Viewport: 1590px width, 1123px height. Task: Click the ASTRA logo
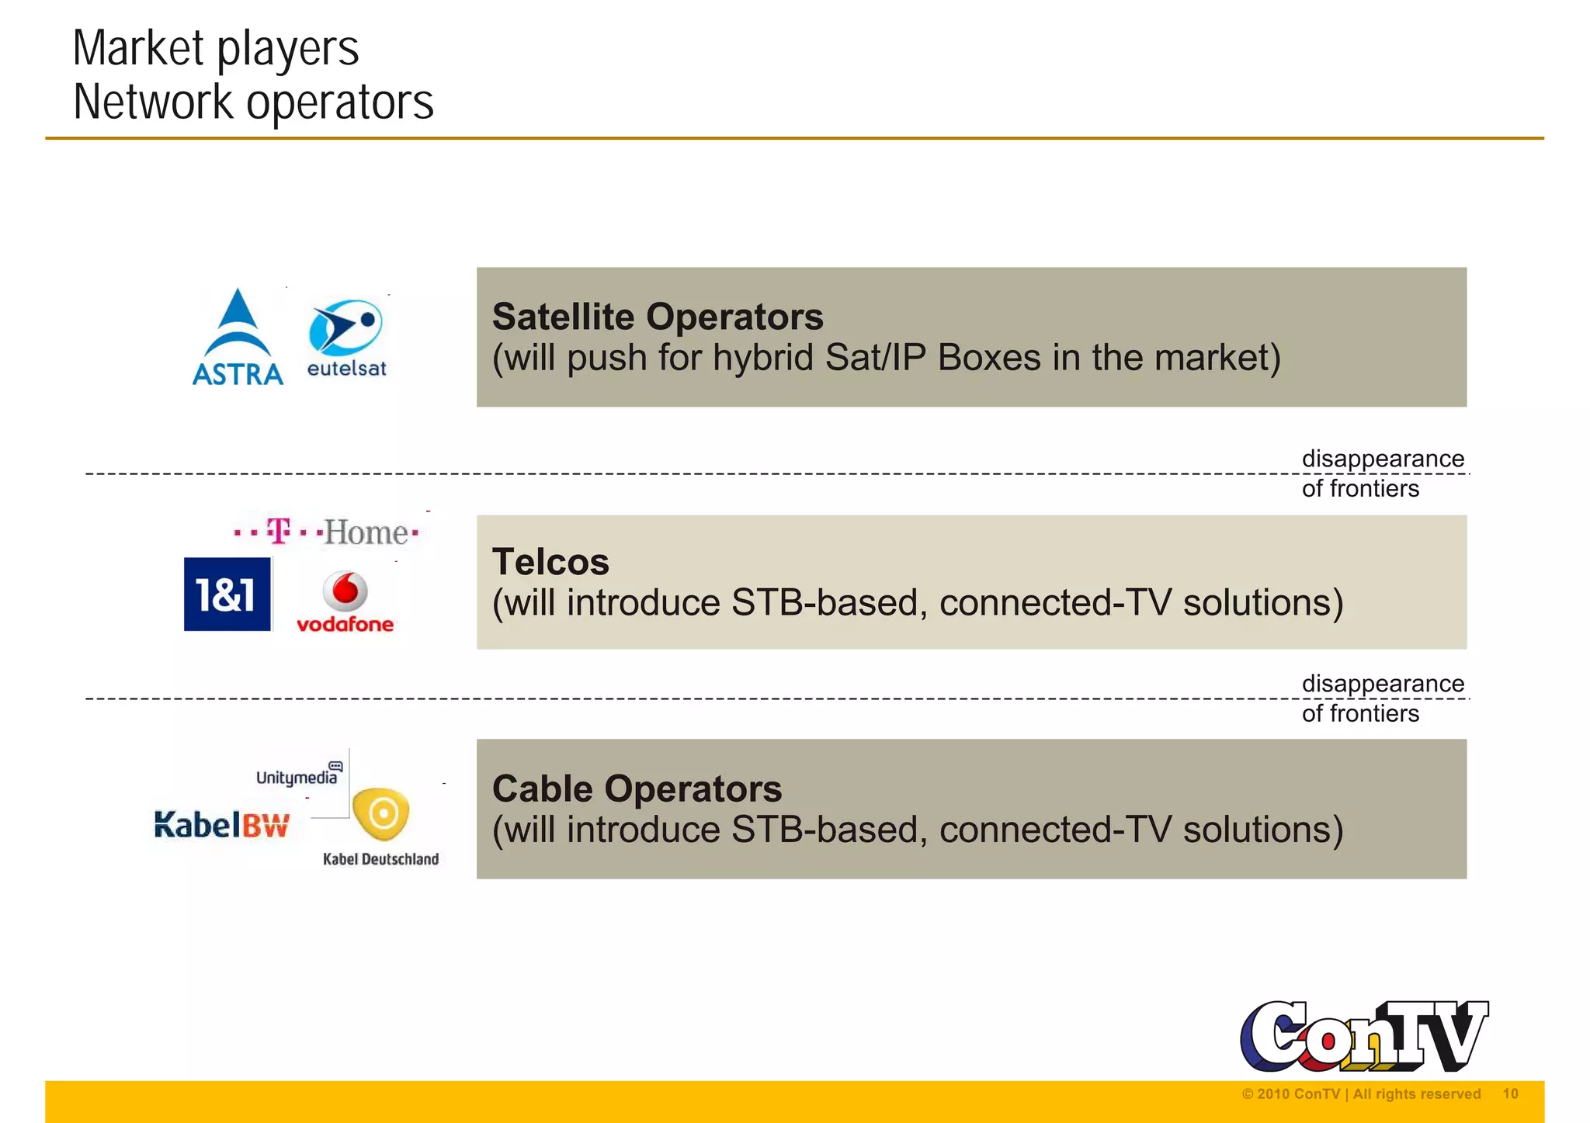[238, 338]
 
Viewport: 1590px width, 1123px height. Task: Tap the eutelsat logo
[346, 338]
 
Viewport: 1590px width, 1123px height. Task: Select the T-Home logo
[327, 532]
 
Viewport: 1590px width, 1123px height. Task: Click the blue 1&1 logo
[227, 594]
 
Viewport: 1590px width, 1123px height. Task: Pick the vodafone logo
[345, 602]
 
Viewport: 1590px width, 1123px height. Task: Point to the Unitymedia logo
[298, 775]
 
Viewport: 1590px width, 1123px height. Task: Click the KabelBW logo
[222, 824]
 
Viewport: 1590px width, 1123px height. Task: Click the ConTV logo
[1363, 1037]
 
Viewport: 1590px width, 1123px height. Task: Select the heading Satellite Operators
[658, 317]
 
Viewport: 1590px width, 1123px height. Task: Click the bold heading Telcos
[550, 562]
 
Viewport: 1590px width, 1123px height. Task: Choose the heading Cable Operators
[637, 789]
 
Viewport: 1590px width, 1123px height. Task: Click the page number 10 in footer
[1510, 1094]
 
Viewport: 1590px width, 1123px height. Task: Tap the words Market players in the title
[216, 48]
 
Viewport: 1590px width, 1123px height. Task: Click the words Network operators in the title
[253, 102]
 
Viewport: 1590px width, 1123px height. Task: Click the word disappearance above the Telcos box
[1383, 459]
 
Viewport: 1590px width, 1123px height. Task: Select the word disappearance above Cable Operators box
[1383, 684]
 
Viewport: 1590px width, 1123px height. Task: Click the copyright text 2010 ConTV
[1298, 1094]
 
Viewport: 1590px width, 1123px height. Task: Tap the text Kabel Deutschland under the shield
[380, 858]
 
